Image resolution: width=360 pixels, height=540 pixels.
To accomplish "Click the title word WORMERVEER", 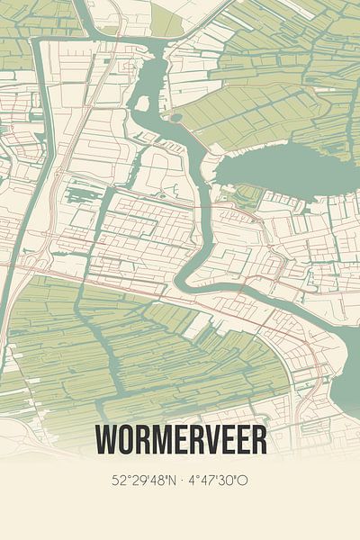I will pos(180,440).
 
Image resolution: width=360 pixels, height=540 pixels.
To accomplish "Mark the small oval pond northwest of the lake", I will pos(175,116).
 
